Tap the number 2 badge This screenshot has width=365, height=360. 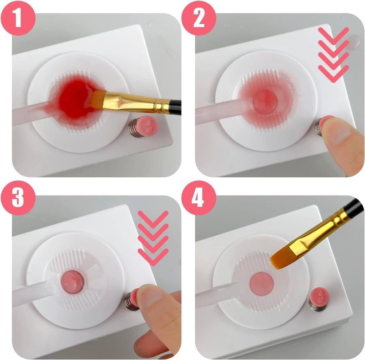199,18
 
